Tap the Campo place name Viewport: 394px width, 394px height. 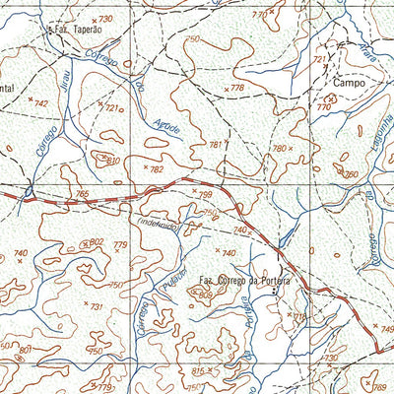pyautogui.click(x=348, y=84)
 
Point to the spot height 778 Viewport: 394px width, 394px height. pyautogui.click(x=236, y=89)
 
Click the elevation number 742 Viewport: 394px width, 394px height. pyautogui.click(x=40, y=102)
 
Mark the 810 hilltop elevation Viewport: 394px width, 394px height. pyautogui.click(x=111, y=159)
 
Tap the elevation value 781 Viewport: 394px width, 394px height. pyautogui.click(x=216, y=144)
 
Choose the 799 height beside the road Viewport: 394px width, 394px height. pyautogui.click(x=203, y=194)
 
